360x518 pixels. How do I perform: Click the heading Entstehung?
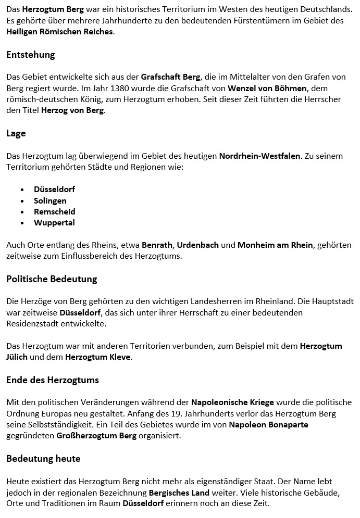coord(30,55)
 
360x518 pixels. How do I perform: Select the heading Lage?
coord(16,133)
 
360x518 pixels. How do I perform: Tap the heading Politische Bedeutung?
coord(52,279)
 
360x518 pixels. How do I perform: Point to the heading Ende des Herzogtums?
coord(52,380)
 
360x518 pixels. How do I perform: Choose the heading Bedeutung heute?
coord(43,459)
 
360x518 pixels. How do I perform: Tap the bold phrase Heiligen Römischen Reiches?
coord(59,32)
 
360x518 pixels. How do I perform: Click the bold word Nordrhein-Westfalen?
coord(259,156)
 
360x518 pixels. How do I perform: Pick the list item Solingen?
coord(50,200)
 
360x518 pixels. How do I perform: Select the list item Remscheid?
coord(55,211)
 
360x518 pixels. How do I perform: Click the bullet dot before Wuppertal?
coord(22,223)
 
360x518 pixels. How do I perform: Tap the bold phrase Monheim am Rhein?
coord(275,245)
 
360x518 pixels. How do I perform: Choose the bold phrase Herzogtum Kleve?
coord(98,357)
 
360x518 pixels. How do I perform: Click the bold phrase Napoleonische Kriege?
coord(232,402)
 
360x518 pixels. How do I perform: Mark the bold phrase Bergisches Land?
coord(179,492)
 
